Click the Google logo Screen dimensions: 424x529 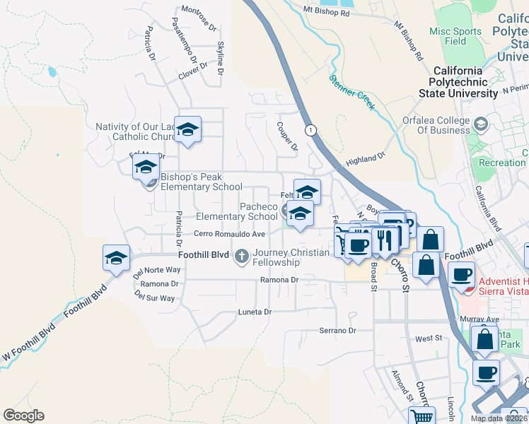tap(23, 415)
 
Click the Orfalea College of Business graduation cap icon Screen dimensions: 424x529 tap(481, 124)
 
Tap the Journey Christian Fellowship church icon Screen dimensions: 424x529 tap(242, 254)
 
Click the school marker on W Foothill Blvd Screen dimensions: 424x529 tap(117, 259)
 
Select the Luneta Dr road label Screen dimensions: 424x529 tap(255, 312)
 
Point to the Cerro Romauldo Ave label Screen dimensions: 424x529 tap(230, 234)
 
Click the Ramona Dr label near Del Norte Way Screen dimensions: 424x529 tap(158, 283)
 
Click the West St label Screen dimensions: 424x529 tap(429, 339)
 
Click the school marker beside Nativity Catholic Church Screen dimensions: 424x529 tap(188, 131)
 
